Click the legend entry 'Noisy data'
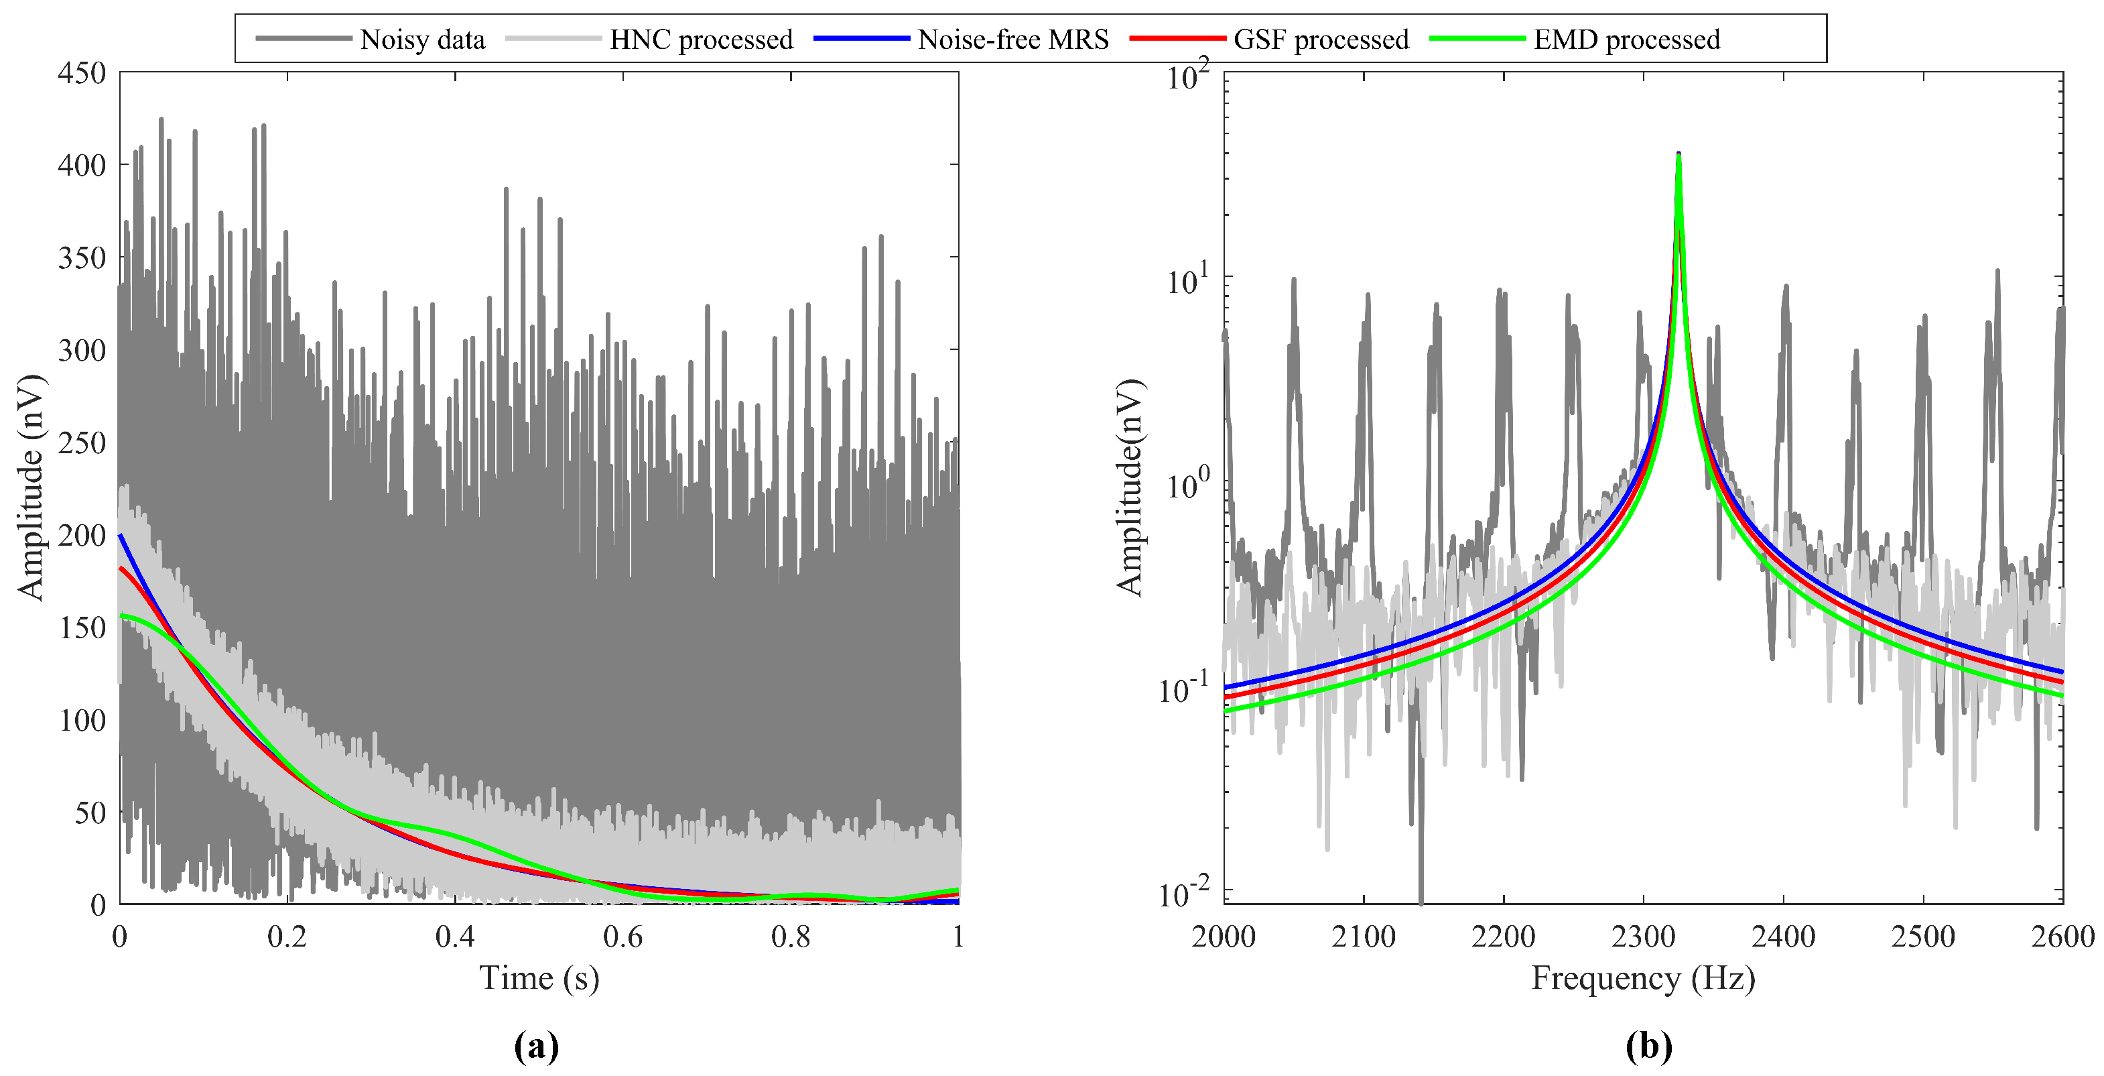pyautogui.click(x=422, y=39)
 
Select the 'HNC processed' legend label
pyautogui.click(x=701, y=39)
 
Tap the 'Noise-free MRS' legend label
pyautogui.click(x=1012, y=39)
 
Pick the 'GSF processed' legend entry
pyautogui.click(x=1321, y=39)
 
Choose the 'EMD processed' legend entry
pyautogui.click(x=1626, y=39)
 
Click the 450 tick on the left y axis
pyautogui.click(x=82, y=72)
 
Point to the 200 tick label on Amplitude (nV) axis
pyautogui.click(x=82, y=535)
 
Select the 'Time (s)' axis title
pyautogui.click(x=539, y=978)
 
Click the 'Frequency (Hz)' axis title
pyautogui.click(x=1642, y=978)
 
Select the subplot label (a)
pyautogui.click(x=537, y=1046)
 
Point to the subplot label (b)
pyautogui.click(x=1649, y=1046)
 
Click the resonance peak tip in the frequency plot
pyautogui.click(x=1679, y=154)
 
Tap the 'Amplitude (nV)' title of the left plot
pyautogui.click(x=30, y=488)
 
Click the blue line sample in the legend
pyautogui.click(x=862, y=38)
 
